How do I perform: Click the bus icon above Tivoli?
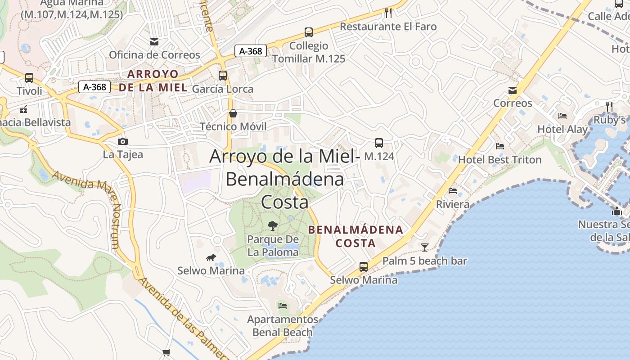29,78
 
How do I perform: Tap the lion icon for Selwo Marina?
211,258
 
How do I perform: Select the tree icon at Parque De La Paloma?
272,225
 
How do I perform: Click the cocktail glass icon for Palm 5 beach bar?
424,247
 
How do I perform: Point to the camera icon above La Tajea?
122,141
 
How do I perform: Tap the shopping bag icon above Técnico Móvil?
233,113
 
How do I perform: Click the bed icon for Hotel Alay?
562,116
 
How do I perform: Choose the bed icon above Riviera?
453,191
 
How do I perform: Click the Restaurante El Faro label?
388,27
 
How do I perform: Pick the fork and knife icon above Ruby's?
609,106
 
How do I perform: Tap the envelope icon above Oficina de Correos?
154,42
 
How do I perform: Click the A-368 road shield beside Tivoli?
94,87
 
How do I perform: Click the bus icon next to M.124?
379,143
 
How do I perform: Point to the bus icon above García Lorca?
223,76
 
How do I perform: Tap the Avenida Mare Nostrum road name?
88,207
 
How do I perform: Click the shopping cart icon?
166,352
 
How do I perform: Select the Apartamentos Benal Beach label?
283,326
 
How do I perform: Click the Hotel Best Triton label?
499,160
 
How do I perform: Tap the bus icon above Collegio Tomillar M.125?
308,32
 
